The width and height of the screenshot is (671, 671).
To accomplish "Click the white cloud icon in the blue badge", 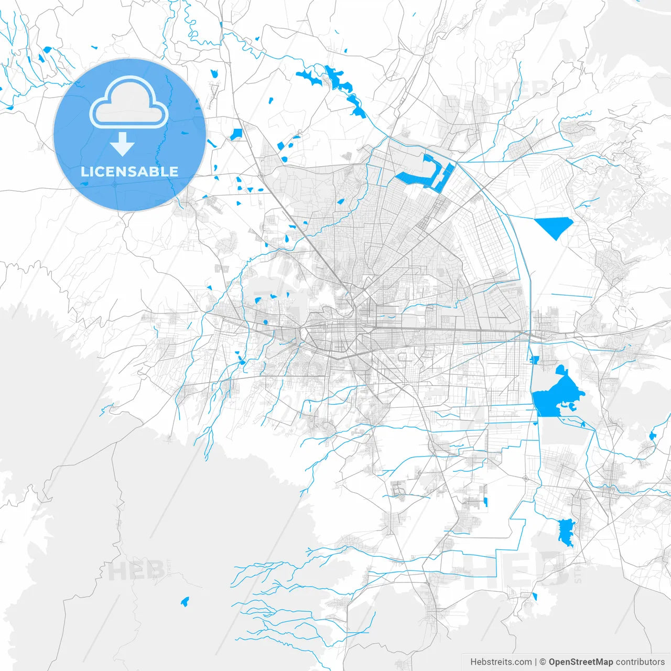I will point(129,103).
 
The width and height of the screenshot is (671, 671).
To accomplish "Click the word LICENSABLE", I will point(129,171).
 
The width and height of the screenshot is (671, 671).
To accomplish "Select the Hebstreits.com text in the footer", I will point(501,662).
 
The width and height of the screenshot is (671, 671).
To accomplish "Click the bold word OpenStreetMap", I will point(580,662).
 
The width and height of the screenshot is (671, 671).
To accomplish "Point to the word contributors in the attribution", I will point(640,662).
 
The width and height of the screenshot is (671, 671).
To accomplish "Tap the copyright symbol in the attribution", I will point(543,662).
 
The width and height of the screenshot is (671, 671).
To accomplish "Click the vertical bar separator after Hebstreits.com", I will point(536,662).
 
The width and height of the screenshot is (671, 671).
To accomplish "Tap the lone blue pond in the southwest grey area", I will point(185,602).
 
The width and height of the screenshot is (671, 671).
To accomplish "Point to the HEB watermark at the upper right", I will point(519,90).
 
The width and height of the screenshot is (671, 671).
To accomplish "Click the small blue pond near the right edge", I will point(652,435).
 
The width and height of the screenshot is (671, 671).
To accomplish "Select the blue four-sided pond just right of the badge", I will point(236,134).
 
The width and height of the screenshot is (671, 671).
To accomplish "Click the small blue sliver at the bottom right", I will point(535,597).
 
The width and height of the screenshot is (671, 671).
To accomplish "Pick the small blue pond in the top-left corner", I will point(47,50).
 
